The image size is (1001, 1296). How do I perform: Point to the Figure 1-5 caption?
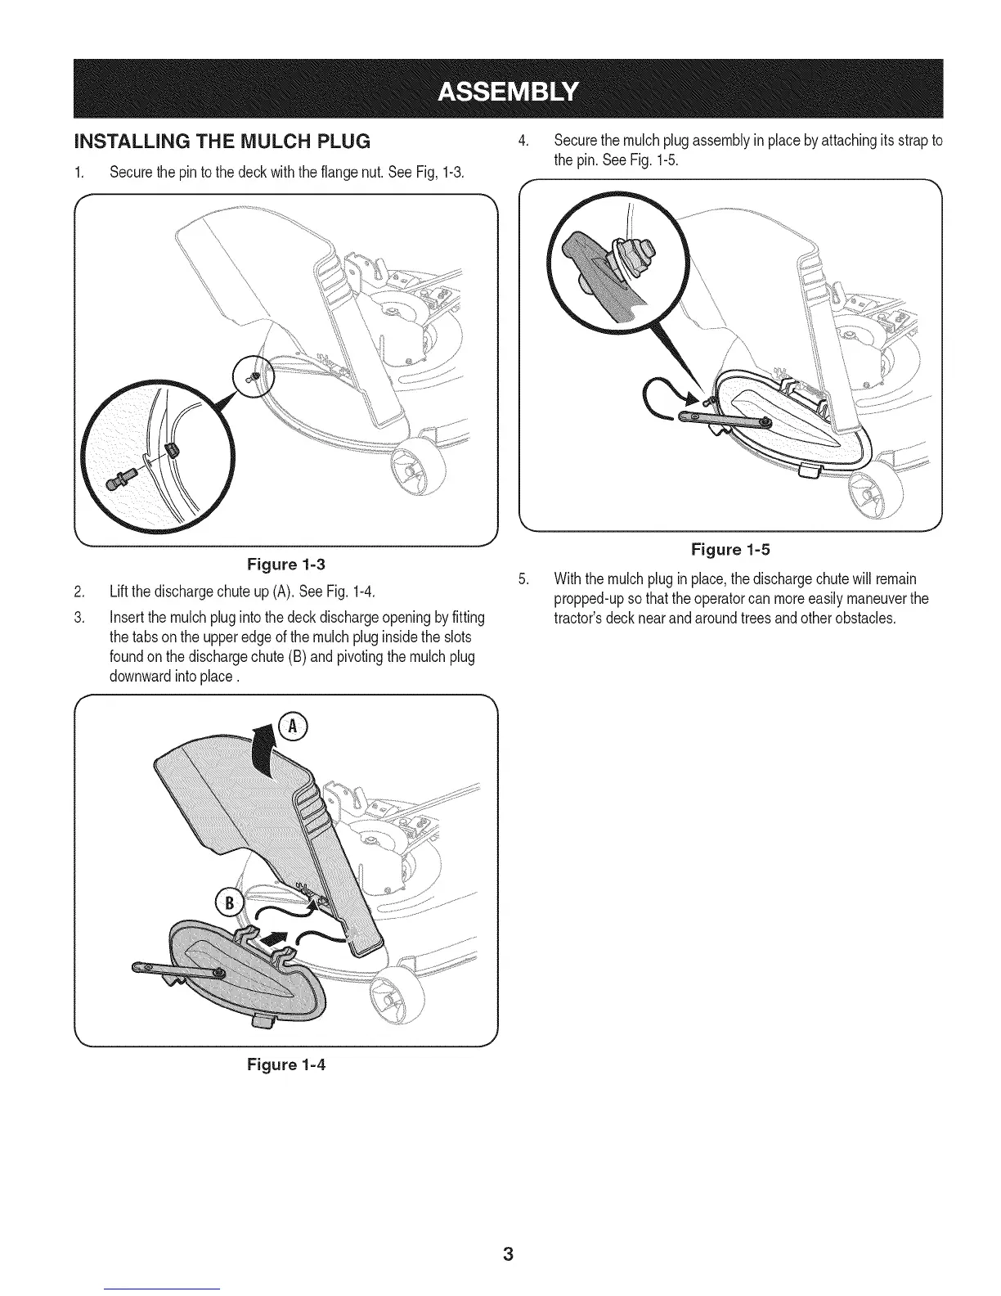pos(730,549)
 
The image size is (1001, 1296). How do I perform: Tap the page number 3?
pos(508,1254)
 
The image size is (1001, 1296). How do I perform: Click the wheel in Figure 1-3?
pos(417,471)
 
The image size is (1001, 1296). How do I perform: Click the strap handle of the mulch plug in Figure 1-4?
pos(176,970)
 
